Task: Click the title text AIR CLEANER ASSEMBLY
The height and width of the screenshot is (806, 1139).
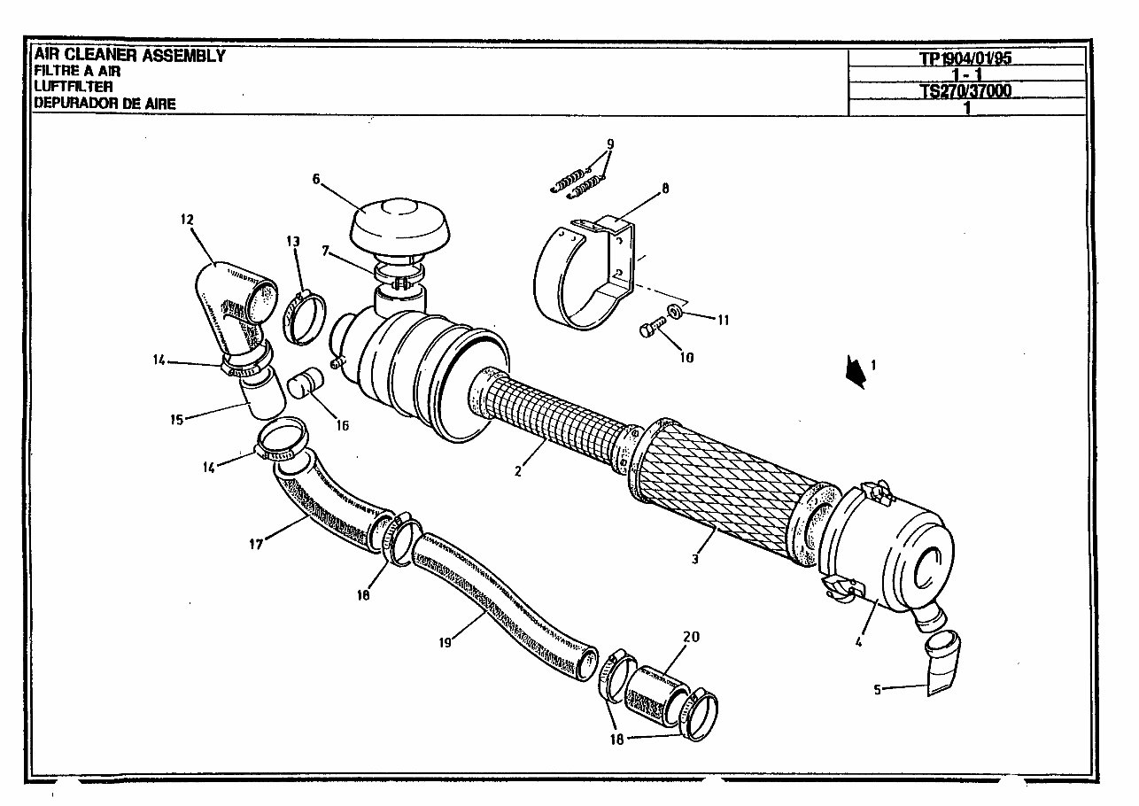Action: coord(129,56)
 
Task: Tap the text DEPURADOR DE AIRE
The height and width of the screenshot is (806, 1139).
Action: coord(105,104)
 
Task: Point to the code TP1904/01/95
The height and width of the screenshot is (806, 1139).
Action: coord(965,58)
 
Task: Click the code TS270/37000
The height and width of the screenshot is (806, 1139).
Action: coord(965,90)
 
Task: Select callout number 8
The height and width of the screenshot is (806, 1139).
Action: coord(665,188)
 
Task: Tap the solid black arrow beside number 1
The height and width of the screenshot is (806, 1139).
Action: coord(855,371)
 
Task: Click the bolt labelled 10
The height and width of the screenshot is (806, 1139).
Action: coord(649,330)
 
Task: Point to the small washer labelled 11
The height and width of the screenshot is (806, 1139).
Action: coord(675,310)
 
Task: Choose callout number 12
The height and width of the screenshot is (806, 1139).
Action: coord(187,218)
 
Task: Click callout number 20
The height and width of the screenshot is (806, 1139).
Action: coord(690,636)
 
